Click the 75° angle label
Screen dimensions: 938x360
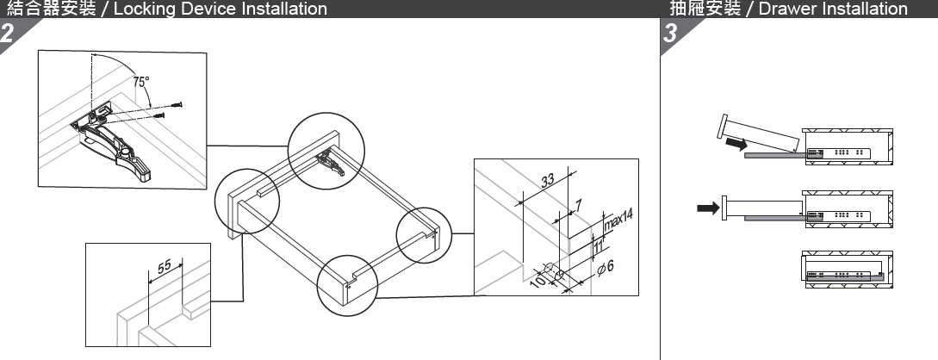click(141, 82)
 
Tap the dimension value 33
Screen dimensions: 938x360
click(548, 181)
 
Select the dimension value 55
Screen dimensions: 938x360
click(165, 266)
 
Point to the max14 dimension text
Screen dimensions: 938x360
click(618, 220)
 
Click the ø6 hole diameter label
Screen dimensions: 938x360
click(606, 267)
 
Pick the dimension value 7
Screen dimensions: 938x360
click(578, 206)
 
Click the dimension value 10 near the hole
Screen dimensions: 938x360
click(538, 280)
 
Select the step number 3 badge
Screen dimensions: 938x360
click(670, 34)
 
